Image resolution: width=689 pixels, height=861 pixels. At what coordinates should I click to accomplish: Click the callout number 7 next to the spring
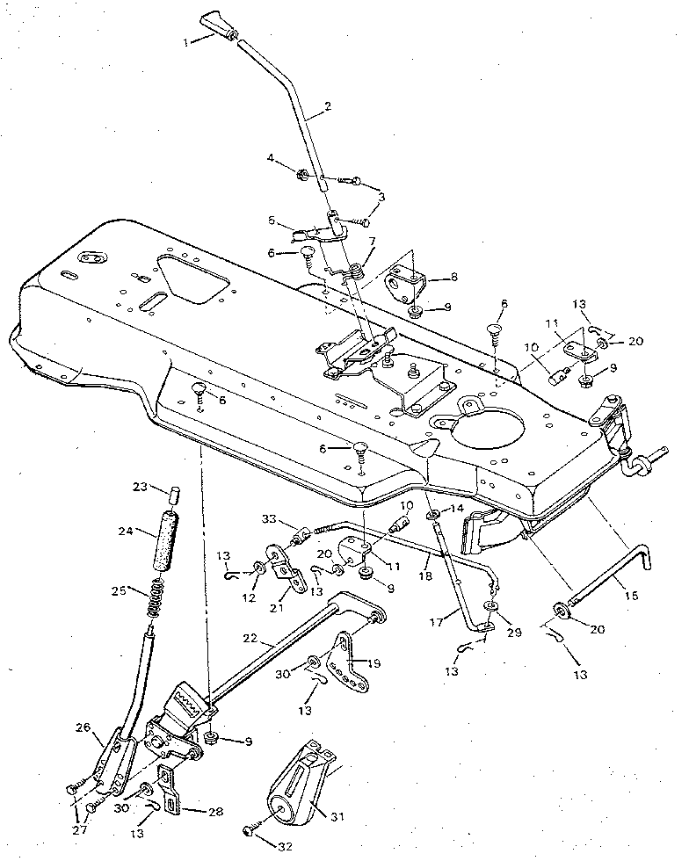(x=373, y=240)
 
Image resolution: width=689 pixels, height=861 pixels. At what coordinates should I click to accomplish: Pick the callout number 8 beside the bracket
(x=453, y=276)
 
